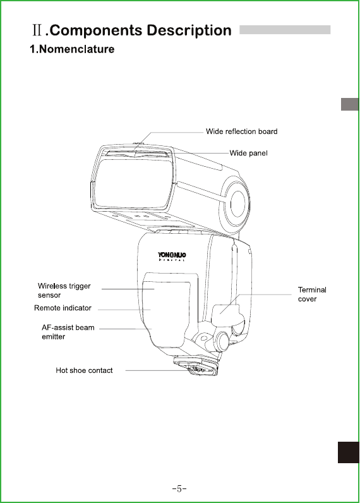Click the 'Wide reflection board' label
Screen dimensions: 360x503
pos(241,131)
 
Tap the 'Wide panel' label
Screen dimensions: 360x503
pos(248,154)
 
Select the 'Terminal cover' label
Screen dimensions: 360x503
pos(312,294)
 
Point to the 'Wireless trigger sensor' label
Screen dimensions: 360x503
pos(64,290)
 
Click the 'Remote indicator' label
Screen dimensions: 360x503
pos(63,308)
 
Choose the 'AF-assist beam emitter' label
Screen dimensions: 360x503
pos(68,332)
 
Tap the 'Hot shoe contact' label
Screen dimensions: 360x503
pos(84,370)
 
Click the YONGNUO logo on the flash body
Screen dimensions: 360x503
pos(172,257)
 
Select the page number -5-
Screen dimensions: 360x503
pos(179,488)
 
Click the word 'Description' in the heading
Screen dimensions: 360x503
pos(189,31)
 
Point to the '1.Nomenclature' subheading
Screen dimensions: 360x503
pos(72,49)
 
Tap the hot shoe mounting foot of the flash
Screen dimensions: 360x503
pos(196,367)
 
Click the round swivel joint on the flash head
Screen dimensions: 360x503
pos(236,203)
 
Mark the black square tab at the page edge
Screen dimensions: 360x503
pos(349,452)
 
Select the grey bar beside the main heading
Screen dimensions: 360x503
pos(285,30)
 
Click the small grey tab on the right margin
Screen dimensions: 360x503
pos(350,104)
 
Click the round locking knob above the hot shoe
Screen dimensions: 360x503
pos(222,341)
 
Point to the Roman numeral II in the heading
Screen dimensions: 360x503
pos(37,30)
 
